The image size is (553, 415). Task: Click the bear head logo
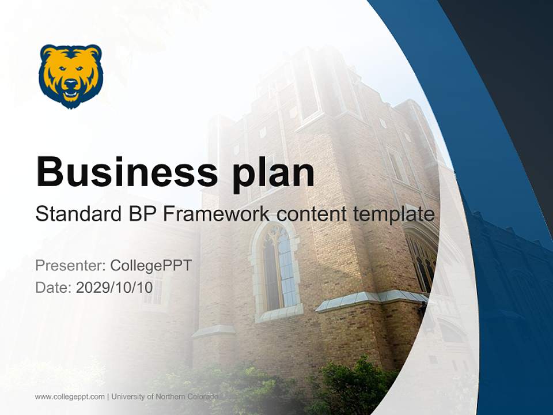pyautogui.click(x=71, y=76)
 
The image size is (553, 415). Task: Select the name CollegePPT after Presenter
pyautogui.click(x=151, y=266)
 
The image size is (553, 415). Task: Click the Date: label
pyautogui.click(x=54, y=288)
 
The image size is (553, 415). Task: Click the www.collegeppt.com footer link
pyautogui.click(x=70, y=397)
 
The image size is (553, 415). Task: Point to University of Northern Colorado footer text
pyautogui.click(x=165, y=397)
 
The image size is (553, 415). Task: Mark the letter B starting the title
pyautogui.click(x=49, y=171)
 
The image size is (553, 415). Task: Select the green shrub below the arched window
pyautogui.click(x=346, y=380)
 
